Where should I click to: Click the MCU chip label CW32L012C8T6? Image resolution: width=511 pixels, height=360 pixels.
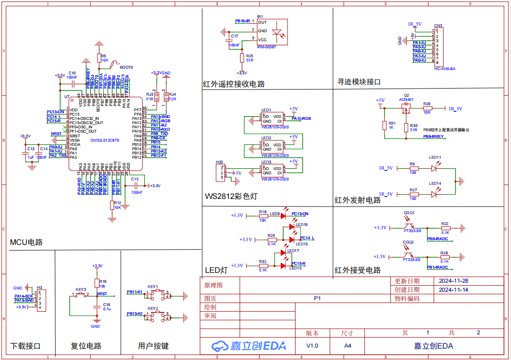pos(105,140)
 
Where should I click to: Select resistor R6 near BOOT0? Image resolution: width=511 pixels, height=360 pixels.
pos(99,58)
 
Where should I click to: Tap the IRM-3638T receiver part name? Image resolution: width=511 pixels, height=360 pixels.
pos(266,47)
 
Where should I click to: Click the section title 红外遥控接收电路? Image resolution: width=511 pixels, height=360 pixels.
pos(233,84)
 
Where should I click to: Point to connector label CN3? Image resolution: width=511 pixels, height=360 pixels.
pos(438,26)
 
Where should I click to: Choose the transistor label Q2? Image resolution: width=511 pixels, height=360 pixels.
pos(406,95)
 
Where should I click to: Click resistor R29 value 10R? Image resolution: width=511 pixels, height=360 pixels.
pos(427,113)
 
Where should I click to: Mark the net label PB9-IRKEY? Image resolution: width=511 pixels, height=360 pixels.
pos(433,136)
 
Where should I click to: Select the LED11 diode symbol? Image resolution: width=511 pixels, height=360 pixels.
pos(435,168)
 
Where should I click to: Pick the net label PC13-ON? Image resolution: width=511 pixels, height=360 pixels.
pos(300,214)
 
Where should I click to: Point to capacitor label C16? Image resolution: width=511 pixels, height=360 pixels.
pos(106,305)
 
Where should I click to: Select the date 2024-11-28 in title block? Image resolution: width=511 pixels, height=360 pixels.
pos(453,280)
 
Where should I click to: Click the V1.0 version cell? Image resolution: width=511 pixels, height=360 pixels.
pos(312,346)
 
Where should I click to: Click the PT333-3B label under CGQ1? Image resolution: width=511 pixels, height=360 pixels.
pos(412,231)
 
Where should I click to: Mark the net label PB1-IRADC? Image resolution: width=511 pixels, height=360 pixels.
pos(437,267)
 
